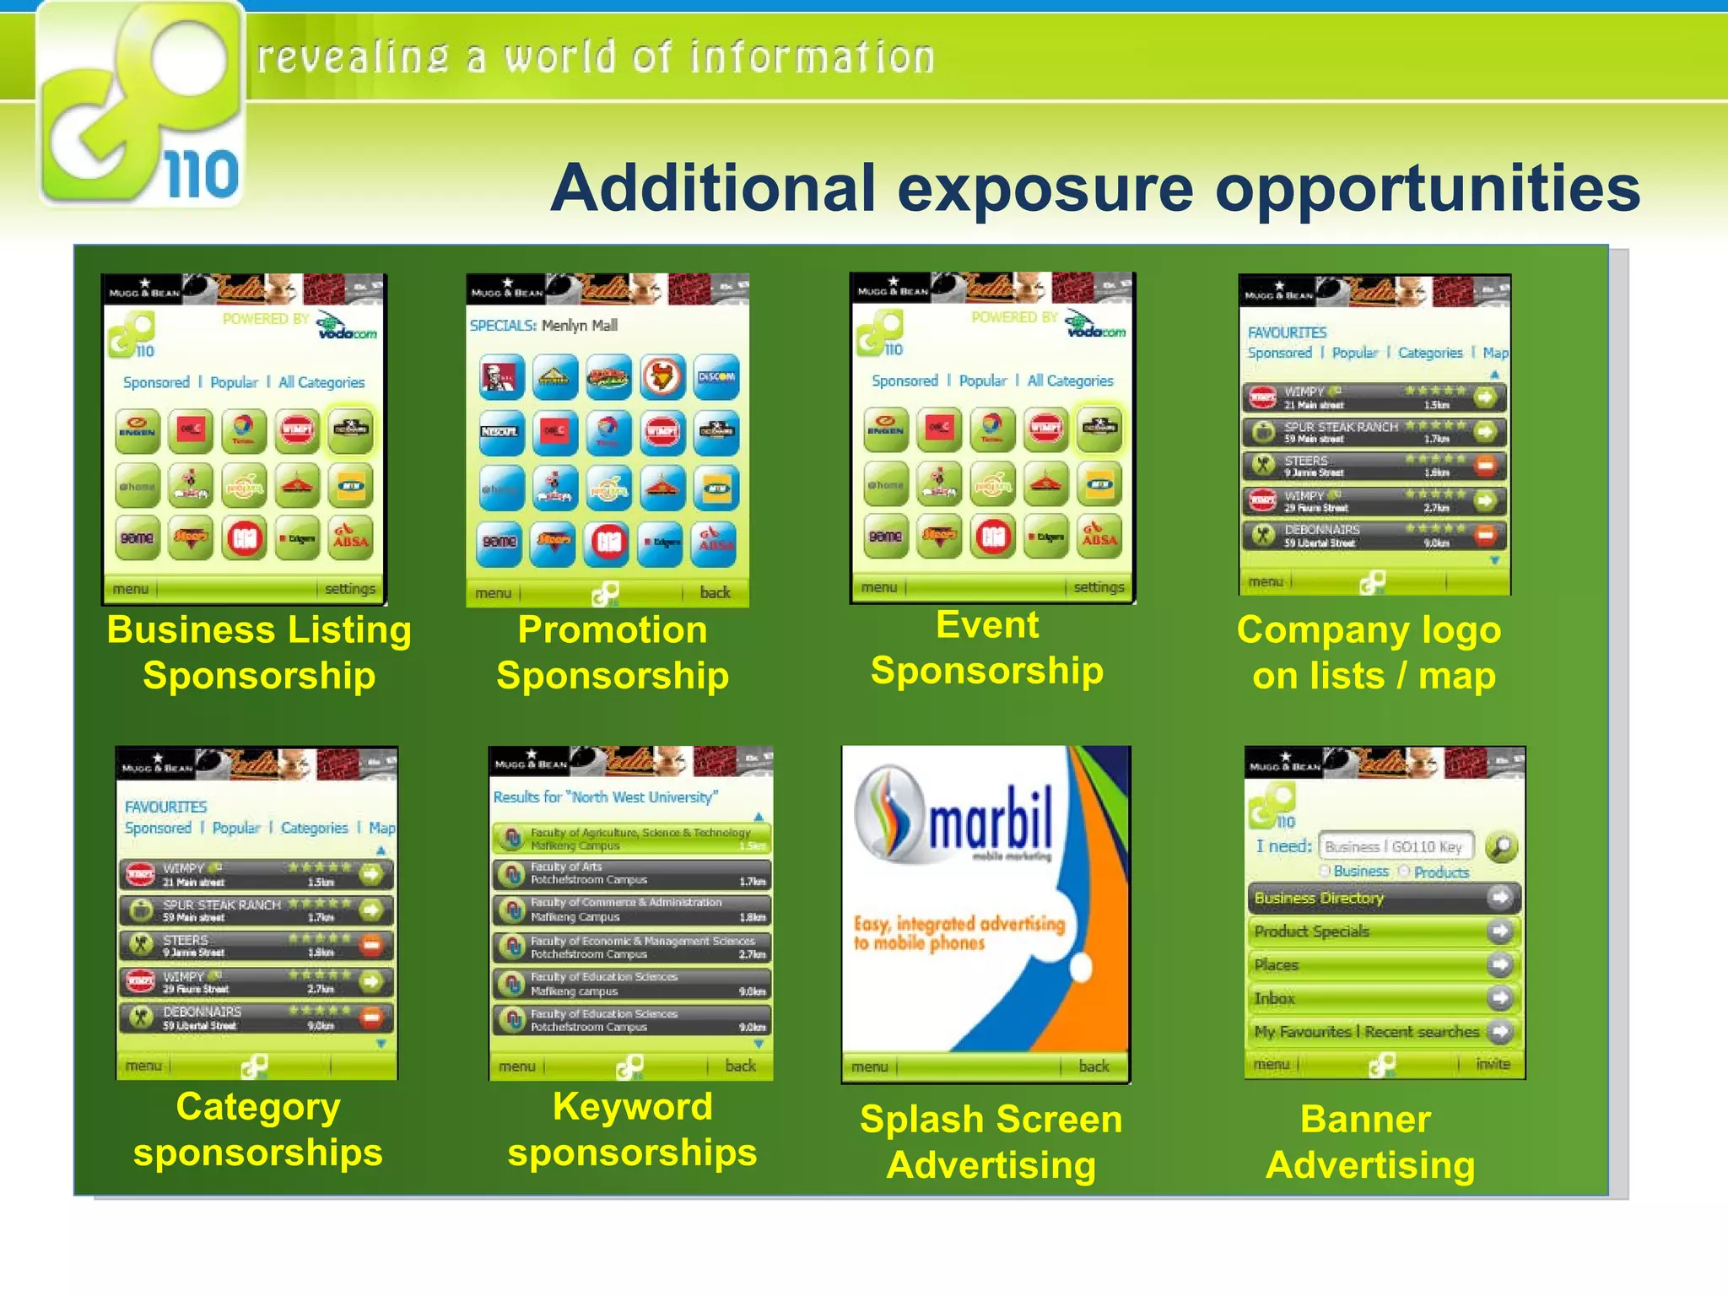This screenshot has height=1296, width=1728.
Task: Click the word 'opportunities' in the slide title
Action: tap(1426, 189)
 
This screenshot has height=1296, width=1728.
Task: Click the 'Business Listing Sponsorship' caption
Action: tap(259, 652)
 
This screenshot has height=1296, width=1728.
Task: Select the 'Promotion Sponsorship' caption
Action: tap(613, 652)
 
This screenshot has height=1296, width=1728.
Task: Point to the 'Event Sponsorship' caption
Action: tap(987, 648)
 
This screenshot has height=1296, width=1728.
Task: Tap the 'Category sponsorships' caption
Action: tap(258, 1129)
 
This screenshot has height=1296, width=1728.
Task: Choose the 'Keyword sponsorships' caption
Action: tap(632, 1129)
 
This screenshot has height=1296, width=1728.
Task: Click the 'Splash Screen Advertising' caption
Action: tap(991, 1142)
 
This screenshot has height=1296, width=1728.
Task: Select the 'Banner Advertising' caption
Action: tap(1369, 1142)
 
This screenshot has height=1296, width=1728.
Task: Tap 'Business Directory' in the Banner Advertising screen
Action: tap(1319, 898)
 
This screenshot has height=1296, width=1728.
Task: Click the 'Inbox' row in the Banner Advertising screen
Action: tap(1274, 998)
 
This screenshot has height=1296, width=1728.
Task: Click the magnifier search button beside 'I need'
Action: tap(1500, 845)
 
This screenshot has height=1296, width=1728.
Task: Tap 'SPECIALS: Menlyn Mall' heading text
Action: tap(543, 325)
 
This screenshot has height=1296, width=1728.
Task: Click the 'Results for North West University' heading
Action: tap(605, 796)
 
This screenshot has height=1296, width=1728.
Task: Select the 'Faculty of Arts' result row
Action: tap(630, 873)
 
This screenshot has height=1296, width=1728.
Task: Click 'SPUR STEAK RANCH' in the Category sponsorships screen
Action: tap(222, 905)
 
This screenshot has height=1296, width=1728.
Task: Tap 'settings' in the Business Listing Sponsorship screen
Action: tap(349, 589)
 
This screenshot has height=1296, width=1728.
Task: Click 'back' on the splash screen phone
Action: tap(1093, 1066)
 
